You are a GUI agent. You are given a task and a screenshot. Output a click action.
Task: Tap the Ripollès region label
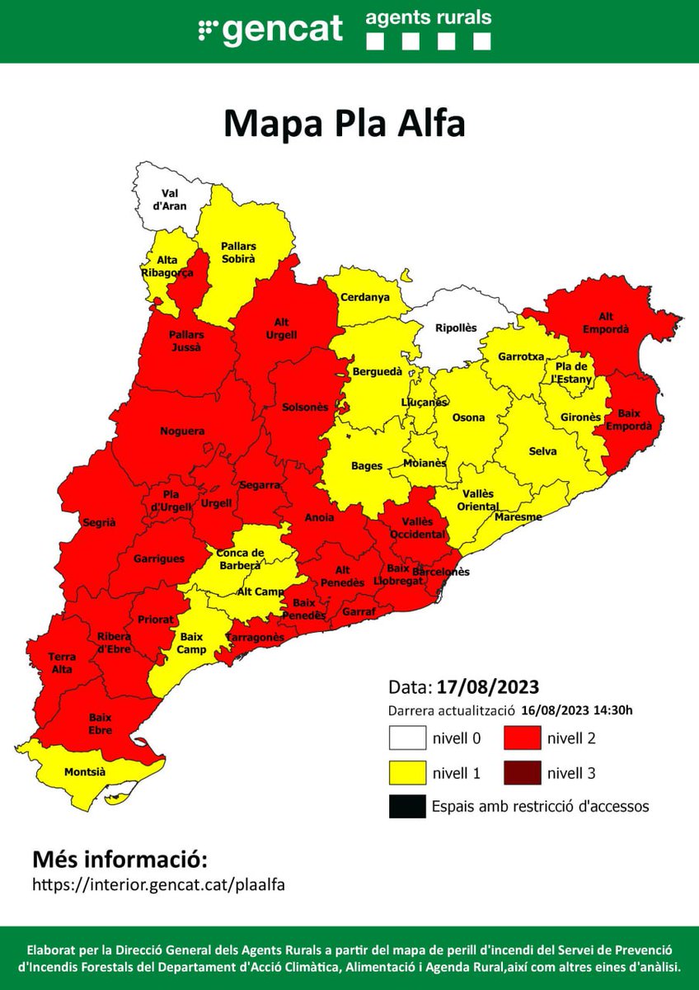(x=456, y=328)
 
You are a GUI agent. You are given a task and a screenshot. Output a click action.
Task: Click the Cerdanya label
(x=364, y=298)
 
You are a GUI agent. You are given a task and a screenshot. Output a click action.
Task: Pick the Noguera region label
(x=182, y=431)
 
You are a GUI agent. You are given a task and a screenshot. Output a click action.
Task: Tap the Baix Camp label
(x=191, y=643)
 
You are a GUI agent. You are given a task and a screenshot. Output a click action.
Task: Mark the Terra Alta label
(x=62, y=662)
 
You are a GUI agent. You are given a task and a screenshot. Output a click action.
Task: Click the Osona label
(x=468, y=417)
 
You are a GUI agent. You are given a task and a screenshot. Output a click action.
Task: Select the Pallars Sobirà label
(x=238, y=252)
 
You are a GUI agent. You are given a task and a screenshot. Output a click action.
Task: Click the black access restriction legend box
(x=407, y=807)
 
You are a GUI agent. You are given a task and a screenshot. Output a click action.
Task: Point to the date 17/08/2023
(x=488, y=687)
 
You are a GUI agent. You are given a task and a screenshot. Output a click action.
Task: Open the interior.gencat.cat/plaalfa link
(x=158, y=884)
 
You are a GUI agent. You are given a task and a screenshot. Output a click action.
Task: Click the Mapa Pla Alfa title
(x=345, y=124)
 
